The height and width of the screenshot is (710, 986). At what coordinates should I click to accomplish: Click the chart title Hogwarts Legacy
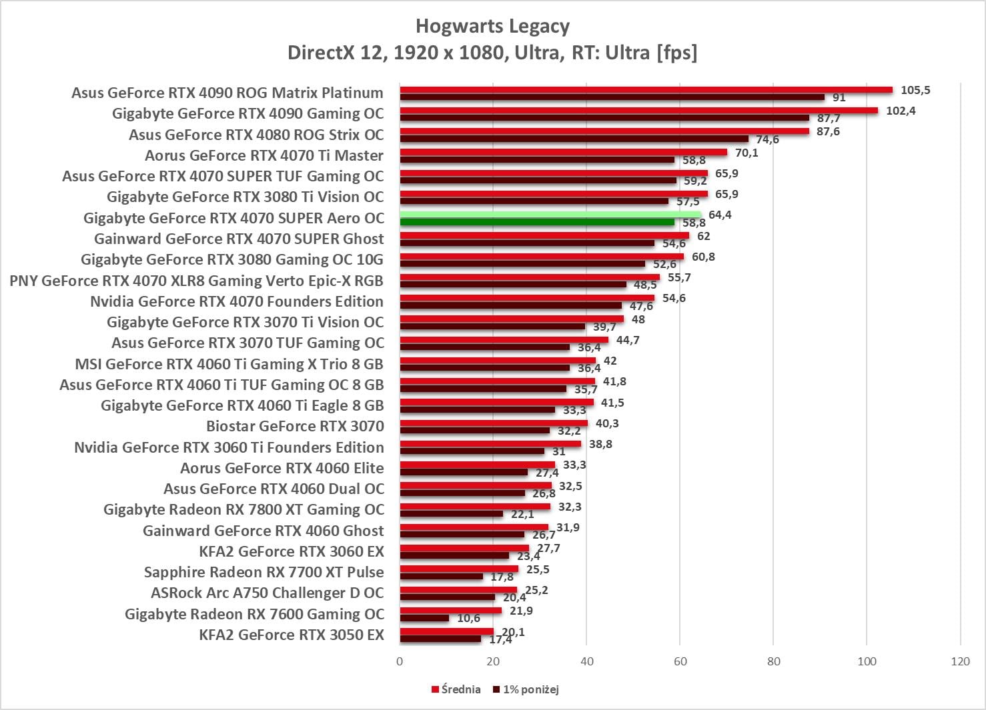coord(492,27)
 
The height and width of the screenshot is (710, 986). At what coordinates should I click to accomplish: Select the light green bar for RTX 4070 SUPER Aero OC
coord(550,215)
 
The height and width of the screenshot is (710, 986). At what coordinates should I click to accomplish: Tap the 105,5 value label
coord(915,90)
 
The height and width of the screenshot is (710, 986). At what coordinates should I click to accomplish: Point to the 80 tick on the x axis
coord(773,661)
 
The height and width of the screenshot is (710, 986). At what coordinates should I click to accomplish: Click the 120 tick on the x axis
coord(961,661)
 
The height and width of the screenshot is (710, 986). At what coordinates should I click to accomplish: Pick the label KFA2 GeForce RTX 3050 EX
coord(292,635)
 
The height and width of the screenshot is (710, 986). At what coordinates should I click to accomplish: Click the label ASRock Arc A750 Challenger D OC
coord(268,593)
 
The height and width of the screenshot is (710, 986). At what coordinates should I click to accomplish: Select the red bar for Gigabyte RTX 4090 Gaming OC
coord(638,111)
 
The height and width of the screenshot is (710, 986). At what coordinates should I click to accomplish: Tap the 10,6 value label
coord(468,619)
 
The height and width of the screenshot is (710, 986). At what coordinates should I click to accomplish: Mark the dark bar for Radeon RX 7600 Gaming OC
coord(424,619)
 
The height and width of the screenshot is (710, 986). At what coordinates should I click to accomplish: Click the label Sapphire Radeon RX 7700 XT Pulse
coord(264,573)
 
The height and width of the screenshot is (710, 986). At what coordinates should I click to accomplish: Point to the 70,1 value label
coord(747,153)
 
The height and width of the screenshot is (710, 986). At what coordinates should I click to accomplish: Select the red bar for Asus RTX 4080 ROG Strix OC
coord(604,131)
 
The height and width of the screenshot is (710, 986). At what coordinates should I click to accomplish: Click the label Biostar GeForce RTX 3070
coord(295,427)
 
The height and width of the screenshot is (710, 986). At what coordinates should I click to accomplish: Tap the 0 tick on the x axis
coord(400,661)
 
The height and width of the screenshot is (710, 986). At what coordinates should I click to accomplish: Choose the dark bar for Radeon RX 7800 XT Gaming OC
coord(451,514)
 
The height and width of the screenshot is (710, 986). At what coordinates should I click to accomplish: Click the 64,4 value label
coord(720,215)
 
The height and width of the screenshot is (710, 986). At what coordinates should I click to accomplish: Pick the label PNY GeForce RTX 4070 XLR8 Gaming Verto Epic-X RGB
coord(196,281)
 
